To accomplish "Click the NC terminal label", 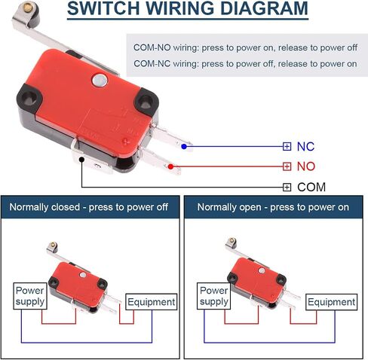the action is point(305,147).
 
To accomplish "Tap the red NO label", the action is point(306,166).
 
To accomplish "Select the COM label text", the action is point(311,188).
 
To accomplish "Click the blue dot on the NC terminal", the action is point(184,146).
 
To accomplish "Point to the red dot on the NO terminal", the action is point(170,166).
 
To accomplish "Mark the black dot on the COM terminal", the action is point(81,160).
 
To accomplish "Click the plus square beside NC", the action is point(287,146).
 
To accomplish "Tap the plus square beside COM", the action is point(287,188).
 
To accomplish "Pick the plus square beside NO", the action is point(287,166).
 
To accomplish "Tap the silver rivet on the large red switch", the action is point(100,81).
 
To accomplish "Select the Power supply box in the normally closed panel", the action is point(30,296).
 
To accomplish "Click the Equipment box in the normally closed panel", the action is point(152,302).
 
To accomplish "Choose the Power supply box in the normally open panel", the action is point(214,296).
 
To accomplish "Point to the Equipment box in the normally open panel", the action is point(331,302).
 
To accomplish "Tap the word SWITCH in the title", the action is point(103,8).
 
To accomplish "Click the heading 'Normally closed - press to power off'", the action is point(89,207).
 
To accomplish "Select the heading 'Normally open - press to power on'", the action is point(273,207).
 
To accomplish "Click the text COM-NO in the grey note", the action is point(152,47).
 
